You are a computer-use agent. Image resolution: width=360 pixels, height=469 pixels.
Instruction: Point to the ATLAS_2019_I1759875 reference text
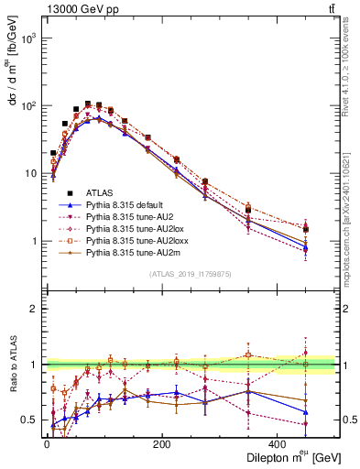190,273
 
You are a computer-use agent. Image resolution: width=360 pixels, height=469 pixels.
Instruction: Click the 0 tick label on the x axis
47,443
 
